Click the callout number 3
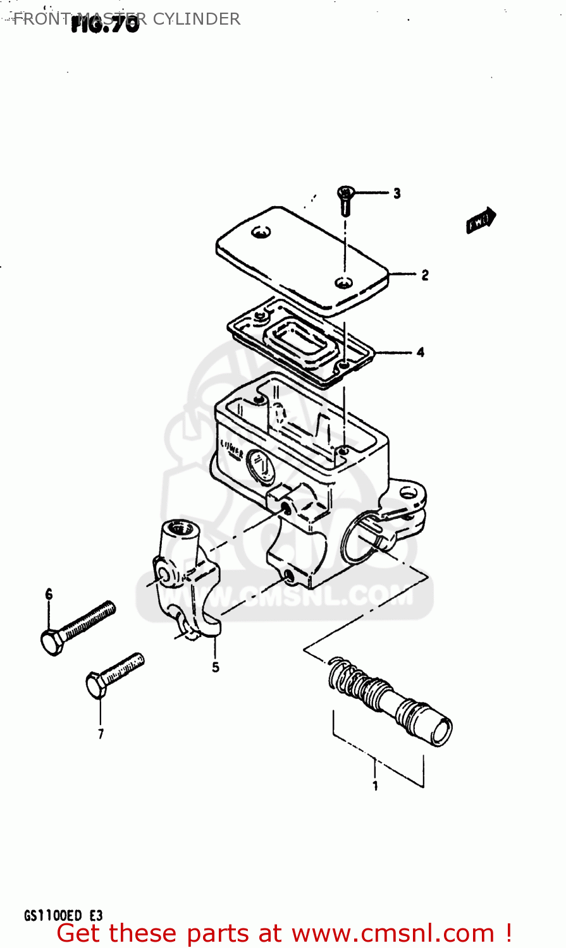(397, 193)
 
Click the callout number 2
(425, 275)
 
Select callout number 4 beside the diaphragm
(421, 352)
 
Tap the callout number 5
(216, 667)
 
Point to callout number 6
(49, 594)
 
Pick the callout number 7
(101, 734)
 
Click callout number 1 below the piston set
(375, 786)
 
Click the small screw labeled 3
(345, 198)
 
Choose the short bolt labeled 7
(114, 675)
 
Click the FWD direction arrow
(481, 221)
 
